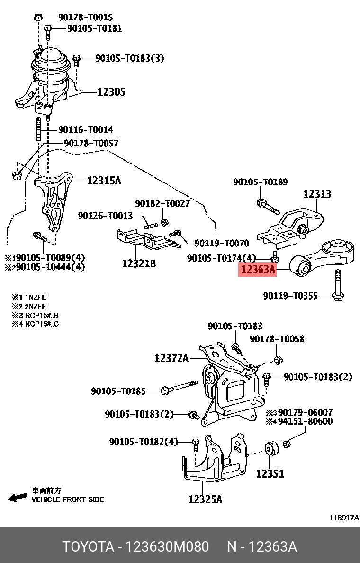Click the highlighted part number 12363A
coord(258,270)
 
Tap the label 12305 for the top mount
coord(111,92)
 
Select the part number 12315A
coord(103,181)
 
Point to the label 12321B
coord(138,263)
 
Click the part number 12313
coord(317,194)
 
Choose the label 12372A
coord(171,359)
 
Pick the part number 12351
coord(270,473)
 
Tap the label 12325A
coord(205,499)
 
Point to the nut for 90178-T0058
coord(278,361)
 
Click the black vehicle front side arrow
coord(18,497)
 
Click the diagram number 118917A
coord(344,518)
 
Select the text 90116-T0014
coord(85,130)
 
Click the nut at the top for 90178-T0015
coord(39,18)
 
